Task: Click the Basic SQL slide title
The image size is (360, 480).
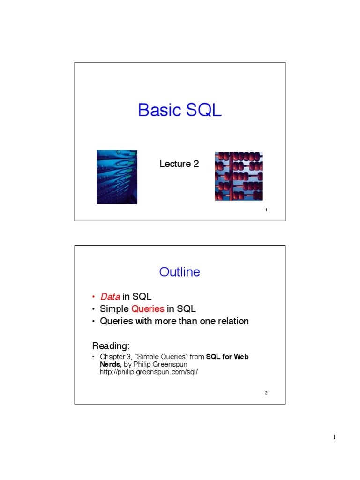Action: [180, 111]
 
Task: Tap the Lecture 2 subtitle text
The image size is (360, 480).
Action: [179, 164]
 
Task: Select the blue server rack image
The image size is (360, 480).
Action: [117, 177]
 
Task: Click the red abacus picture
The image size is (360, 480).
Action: [239, 176]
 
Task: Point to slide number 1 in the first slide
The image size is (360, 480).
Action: [266, 210]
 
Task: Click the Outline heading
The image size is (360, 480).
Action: [180, 272]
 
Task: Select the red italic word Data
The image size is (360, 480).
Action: [110, 296]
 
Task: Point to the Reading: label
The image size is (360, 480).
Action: [111, 346]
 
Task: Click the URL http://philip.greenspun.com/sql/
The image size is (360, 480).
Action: [146, 372]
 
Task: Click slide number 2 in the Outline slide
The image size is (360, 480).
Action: [266, 393]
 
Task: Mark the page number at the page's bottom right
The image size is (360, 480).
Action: [334, 437]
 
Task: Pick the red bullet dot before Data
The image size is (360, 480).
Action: [94, 297]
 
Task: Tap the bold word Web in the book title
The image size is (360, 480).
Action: [241, 357]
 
